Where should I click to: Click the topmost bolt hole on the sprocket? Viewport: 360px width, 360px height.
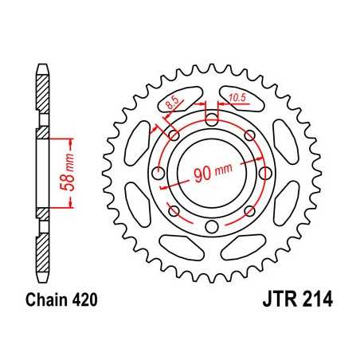coord(211,120)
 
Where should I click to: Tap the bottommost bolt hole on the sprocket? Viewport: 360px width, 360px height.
coord(211,228)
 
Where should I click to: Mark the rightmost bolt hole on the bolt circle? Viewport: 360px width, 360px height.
coord(264,174)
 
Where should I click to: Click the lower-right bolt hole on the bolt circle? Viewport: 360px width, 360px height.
coord(248,211)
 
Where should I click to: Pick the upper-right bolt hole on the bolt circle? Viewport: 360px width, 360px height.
coord(248,136)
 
